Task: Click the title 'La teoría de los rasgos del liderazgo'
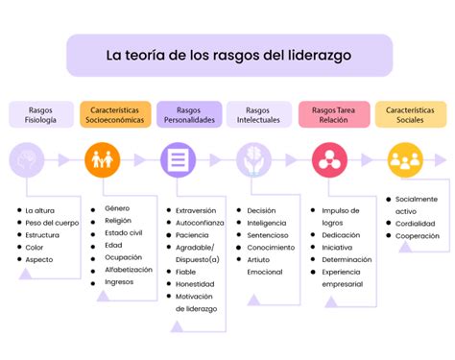tap(227, 55)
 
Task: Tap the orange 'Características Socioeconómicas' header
tap(113, 115)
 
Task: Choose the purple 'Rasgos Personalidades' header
tap(189, 115)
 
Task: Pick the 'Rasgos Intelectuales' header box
tap(258, 115)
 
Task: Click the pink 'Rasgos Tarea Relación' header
tap(333, 115)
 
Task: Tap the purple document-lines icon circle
tap(177, 159)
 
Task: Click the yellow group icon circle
tap(405, 159)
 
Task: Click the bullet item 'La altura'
tap(41, 210)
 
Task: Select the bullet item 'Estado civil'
tap(124, 232)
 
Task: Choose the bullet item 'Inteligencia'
tap(267, 223)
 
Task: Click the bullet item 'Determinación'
tap(347, 258)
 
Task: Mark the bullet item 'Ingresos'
tap(120, 282)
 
